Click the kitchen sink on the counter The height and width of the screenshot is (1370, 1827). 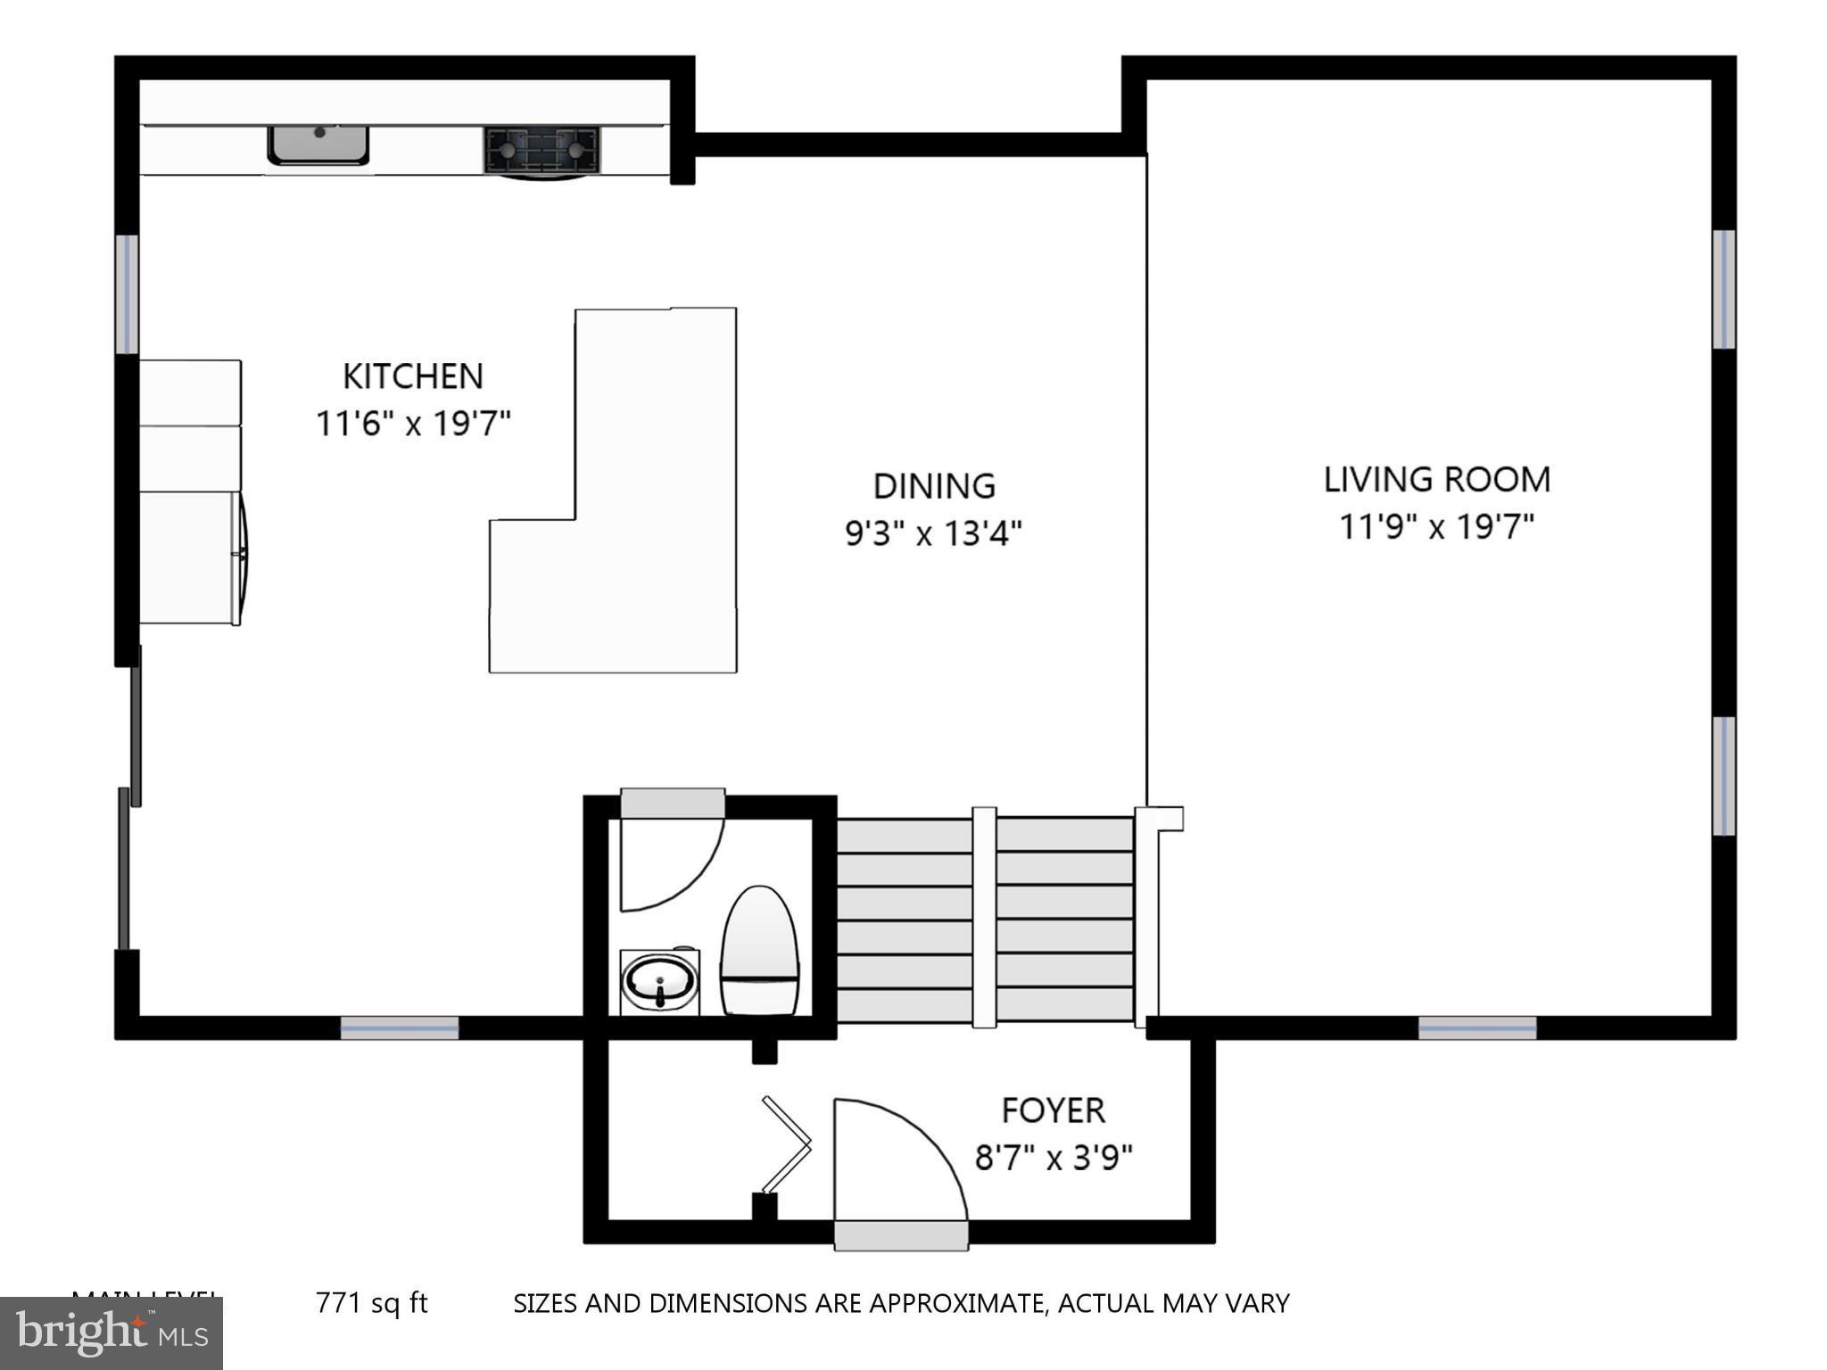(318, 144)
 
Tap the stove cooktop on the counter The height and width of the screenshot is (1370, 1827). (541, 149)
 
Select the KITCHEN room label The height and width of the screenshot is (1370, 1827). (413, 376)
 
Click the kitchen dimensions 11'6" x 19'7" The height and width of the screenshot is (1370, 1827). (413, 423)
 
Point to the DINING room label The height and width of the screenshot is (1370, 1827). (933, 486)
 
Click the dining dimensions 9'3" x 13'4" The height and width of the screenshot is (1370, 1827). (933, 533)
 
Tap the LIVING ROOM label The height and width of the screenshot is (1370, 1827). (1436, 480)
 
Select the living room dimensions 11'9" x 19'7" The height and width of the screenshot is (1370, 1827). (1436, 526)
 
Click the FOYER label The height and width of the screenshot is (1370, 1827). (1053, 1110)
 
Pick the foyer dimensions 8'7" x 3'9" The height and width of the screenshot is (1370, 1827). (1053, 1158)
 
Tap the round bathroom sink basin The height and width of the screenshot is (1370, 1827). (659, 982)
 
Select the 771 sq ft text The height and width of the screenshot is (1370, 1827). (371, 1303)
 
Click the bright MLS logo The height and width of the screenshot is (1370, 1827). (111, 1333)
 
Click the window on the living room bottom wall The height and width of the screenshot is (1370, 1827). (1477, 1028)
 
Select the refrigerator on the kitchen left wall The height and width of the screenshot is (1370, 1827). (191, 557)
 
